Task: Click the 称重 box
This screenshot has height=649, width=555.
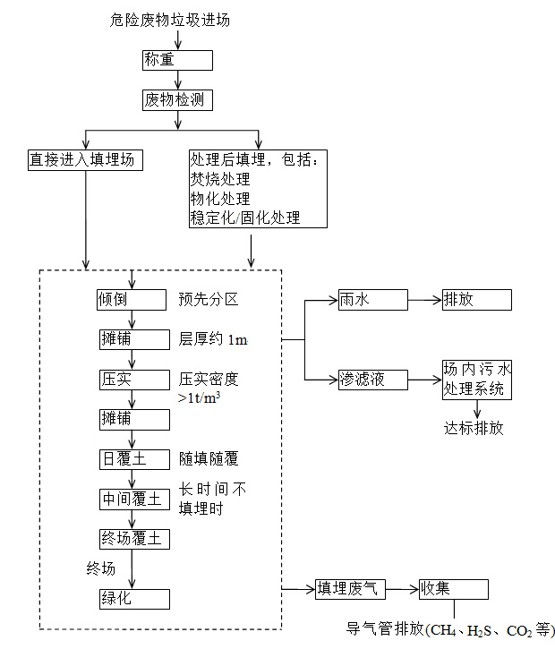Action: tap(177, 60)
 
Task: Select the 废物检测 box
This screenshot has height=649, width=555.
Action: tap(177, 100)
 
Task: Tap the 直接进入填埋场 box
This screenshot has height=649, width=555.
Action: tap(86, 160)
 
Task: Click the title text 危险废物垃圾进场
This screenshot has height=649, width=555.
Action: tap(176, 19)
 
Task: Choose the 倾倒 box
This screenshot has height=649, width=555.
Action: tap(132, 299)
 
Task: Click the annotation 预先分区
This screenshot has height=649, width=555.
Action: tap(209, 299)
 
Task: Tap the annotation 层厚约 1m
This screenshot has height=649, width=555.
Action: tap(212, 339)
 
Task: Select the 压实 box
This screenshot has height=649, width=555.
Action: tap(132, 380)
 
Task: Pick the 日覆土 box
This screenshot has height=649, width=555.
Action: tap(132, 459)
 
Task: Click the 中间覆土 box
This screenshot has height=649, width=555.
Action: tap(132, 499)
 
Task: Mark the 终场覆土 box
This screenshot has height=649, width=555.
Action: tap(132, 539)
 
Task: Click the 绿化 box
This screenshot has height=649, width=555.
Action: tap(132, 598)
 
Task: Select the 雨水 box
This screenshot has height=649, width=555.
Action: tap(372, 300)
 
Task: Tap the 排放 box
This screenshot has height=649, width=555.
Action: tap(475, 300)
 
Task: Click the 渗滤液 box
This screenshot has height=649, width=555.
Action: tap(372, 380)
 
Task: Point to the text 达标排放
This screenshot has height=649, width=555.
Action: tap(474, 428)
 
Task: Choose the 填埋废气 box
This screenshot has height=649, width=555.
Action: tap(351, 589)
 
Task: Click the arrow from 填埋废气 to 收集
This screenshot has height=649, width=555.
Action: tap(402, 589)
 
